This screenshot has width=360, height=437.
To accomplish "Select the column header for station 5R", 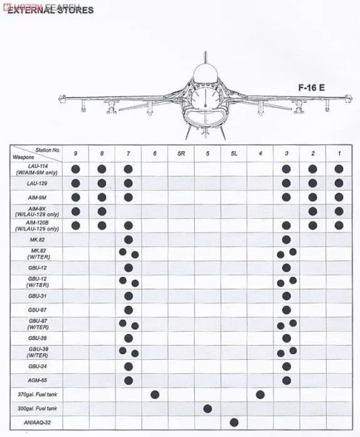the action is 181,153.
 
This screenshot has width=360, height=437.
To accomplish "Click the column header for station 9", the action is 76,153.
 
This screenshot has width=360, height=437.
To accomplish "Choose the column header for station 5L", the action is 234,153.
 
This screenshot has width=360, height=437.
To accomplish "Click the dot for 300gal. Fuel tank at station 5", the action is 208,408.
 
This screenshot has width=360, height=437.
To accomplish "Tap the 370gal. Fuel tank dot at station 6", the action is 155,394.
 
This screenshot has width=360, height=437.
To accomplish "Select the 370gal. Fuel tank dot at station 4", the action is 260,394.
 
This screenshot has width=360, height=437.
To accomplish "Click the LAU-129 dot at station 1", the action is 339,183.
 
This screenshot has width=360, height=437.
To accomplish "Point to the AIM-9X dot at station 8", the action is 102,211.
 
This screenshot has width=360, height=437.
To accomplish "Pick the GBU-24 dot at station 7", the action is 129,366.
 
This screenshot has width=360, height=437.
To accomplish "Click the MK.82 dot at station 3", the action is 287,240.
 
